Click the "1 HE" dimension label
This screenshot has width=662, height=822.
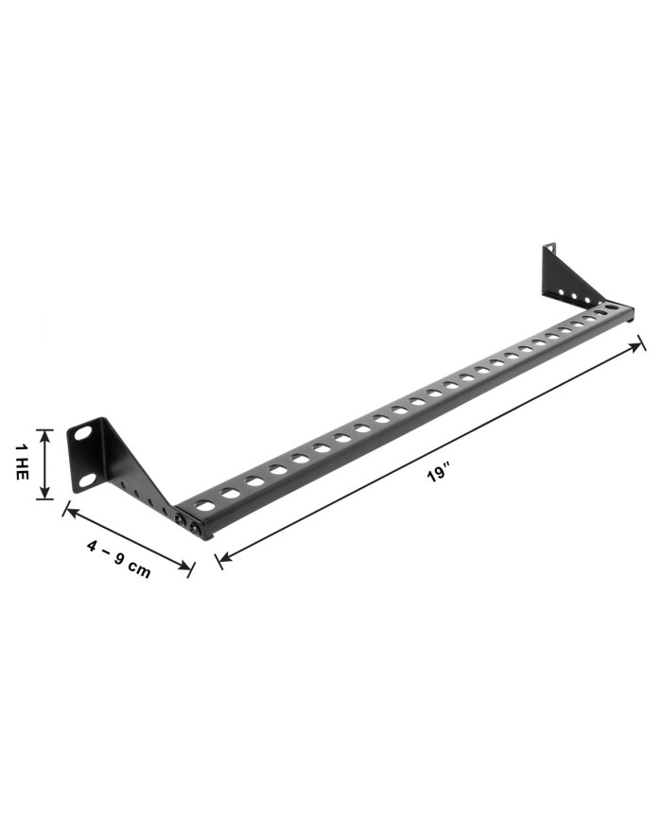tap(21, 462)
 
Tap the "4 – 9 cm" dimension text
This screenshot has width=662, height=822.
tap(119, 559)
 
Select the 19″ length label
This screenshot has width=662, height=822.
tap(438, 474)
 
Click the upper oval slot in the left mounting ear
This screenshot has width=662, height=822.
tap(82, 434)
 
